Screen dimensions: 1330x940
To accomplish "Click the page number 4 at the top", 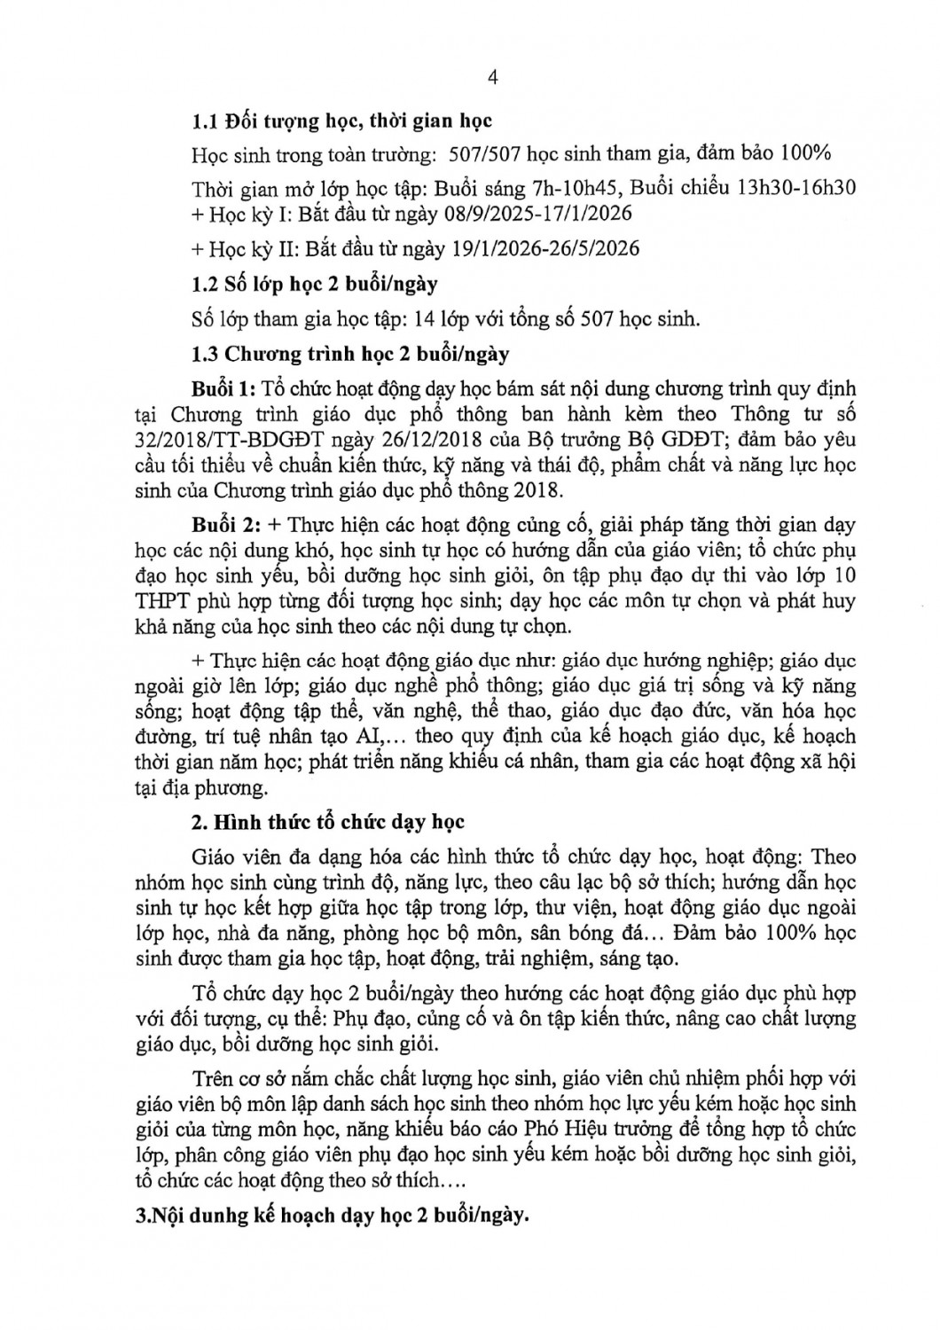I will pyautogui.click(x=493, y=77).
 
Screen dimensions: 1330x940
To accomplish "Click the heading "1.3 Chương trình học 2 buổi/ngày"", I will pyautogui.click(x=350, y=354).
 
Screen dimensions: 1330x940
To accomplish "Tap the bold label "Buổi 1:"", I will pyautogui.click(x=223, y=389).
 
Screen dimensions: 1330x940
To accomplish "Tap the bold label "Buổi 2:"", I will pyautogui.click(x=223, y=526).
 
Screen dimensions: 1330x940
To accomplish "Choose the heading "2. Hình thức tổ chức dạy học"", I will pyautogui.click(x=328, y=822).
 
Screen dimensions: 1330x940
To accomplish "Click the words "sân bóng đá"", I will pyautogui.click(x=614, y=933).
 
